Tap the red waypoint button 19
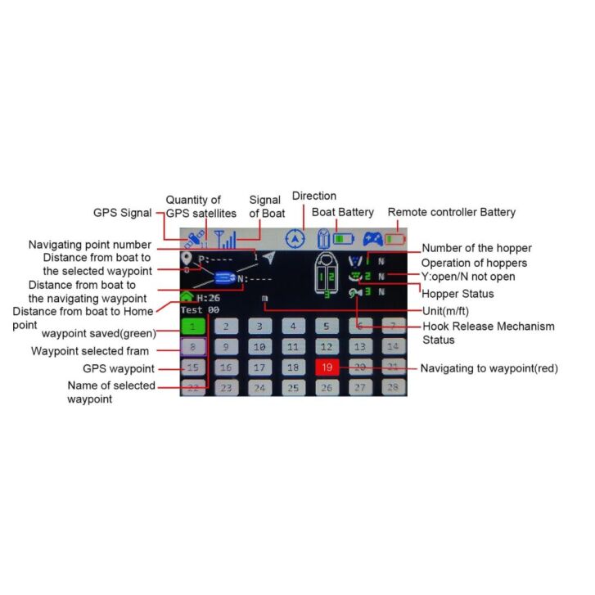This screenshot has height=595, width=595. coord(327,367)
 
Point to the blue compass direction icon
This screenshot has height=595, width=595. coord(295,239)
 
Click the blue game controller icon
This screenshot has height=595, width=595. coord(373,239)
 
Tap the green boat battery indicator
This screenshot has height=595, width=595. coord(344,239)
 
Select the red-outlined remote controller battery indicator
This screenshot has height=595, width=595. coord(396,239)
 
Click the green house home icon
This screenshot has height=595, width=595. coord(187,298)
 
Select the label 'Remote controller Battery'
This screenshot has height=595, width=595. coord(451,212)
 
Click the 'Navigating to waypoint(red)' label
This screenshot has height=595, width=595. coord(489,368)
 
